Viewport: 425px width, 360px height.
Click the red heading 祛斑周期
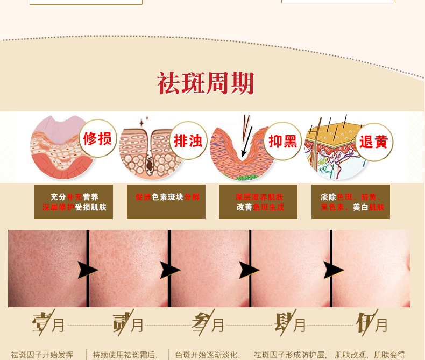pos(205,83)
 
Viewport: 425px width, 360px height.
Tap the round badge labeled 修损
pos(97,138)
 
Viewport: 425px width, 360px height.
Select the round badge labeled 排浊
pos(188,141)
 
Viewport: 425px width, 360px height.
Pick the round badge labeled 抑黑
pos(283,141)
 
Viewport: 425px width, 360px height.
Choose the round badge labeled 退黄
pos(374,142)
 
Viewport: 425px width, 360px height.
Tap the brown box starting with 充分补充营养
pos(74,202)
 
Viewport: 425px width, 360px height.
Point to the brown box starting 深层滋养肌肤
pos(258,202)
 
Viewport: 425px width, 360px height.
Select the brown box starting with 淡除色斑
pos(351,202)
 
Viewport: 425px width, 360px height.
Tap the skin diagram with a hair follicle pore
pos(144,151)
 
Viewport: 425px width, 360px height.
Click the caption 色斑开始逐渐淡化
pos(207,355)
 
